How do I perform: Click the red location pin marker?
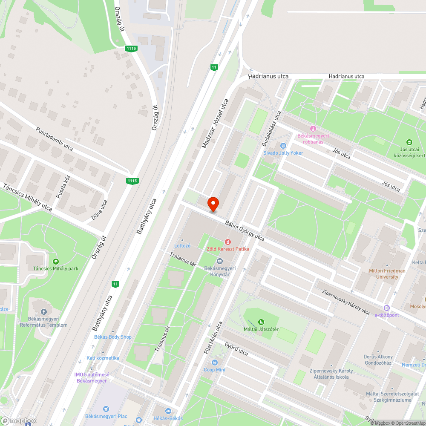213,204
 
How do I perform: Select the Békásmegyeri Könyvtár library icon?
220,261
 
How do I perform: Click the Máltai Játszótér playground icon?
261,322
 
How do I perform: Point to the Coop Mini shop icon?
215,363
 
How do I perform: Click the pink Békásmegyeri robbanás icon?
313,129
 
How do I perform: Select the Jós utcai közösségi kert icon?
409,142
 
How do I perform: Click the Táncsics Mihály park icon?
55,261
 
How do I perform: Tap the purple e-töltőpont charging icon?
387,308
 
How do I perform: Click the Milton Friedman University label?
387,273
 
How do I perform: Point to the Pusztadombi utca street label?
54,139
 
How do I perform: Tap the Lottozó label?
182,246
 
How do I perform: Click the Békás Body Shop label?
113,337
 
